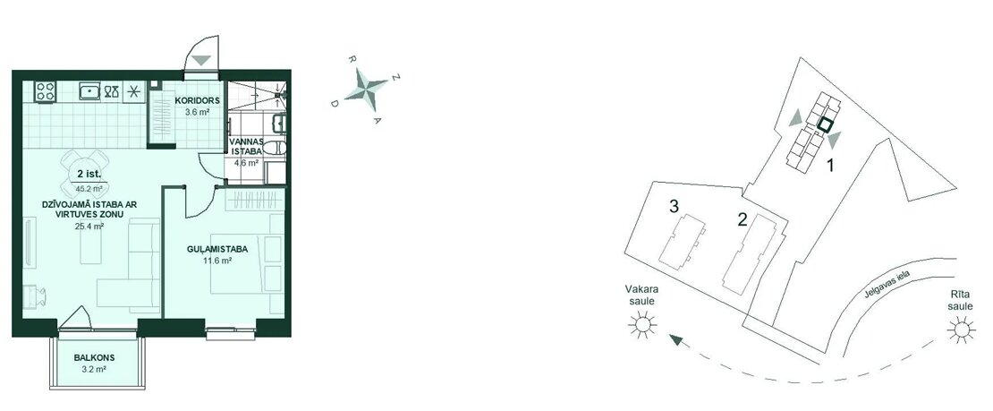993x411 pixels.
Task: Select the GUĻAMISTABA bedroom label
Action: click(216, 249)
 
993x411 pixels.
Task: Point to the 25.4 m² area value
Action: click(89, 227)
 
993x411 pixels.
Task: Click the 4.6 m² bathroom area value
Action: click(246, 162)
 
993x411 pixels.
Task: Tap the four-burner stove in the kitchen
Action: click(46, 91)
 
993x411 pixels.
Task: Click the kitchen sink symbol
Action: click(90, 91)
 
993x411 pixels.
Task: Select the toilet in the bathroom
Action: click(274, 149)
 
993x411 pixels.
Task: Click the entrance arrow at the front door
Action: click(201, 61)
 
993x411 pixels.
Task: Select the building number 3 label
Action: click(675, 206)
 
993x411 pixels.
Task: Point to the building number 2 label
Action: click(743, 219)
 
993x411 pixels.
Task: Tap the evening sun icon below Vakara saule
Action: click(642, 325)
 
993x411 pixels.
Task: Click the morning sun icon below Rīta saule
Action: click(961, 330)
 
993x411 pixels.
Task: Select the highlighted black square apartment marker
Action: click(824, 125)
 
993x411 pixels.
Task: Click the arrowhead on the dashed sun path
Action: click(677, 341)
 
